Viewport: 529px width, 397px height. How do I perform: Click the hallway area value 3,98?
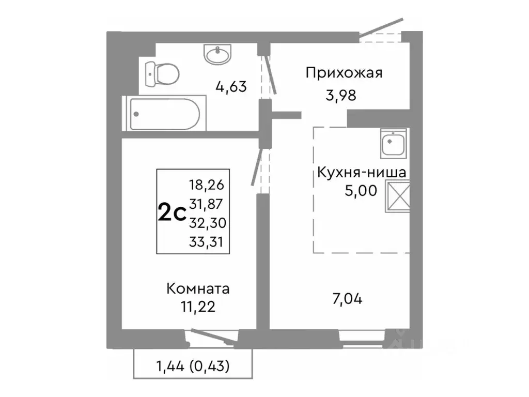coord(341,96)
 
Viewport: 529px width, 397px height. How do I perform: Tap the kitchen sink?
coord(394,143)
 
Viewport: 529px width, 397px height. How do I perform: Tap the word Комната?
coord(198,288)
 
